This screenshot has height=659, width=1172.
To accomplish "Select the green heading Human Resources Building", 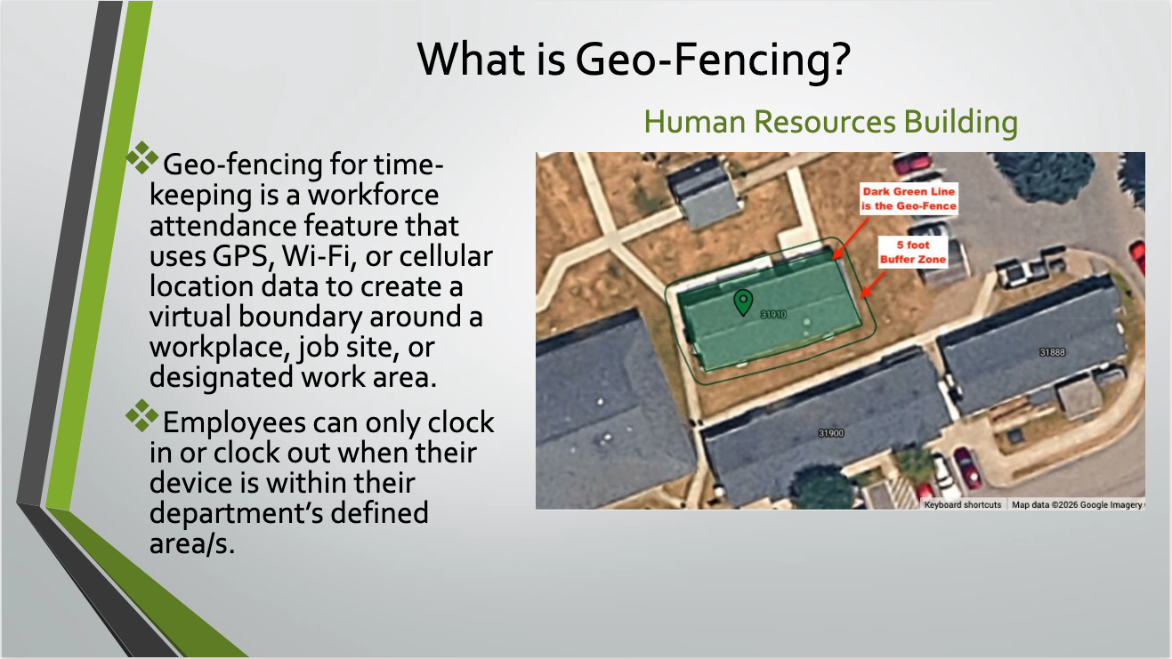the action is [831, 122].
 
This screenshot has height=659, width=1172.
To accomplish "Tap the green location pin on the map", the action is [743, 302].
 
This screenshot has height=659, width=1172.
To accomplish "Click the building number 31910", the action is [773, 314].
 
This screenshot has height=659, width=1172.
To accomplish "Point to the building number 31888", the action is [1052, 352].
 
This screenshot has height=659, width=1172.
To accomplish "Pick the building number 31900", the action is [831, 433].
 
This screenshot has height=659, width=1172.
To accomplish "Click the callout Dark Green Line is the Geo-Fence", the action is [909, 198].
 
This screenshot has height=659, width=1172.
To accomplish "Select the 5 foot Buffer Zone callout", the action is [913, 252].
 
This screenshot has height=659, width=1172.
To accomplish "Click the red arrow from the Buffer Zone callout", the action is [873, 284].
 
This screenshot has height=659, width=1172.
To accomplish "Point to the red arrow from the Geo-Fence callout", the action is [850, 238].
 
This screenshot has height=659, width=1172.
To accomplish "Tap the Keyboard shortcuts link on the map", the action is [962, 505].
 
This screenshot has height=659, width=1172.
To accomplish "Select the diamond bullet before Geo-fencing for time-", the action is [141, 157].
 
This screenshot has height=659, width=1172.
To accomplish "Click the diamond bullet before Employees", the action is [141, 416].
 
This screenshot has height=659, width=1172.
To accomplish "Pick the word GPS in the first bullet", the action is [243, 256].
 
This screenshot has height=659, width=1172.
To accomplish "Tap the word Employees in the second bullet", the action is [234, 423].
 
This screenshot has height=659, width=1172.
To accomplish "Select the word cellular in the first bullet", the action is [446, 256].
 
